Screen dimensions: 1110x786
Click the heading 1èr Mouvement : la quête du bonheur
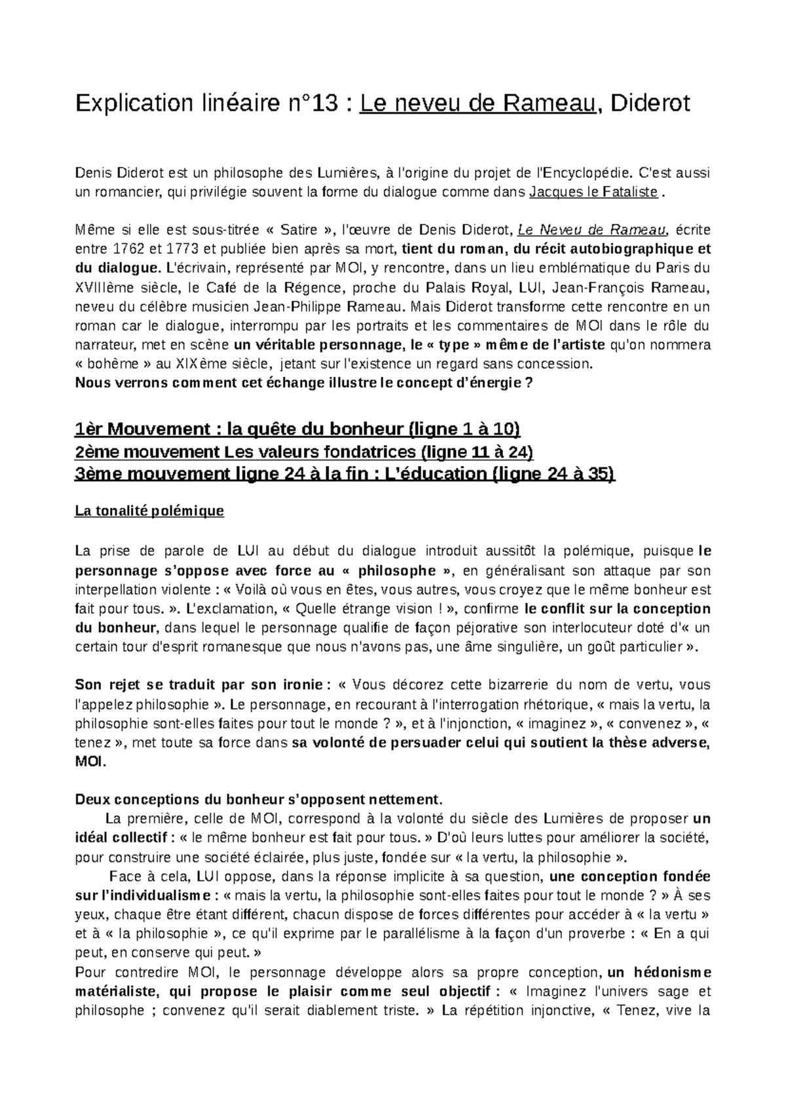pos(298,429)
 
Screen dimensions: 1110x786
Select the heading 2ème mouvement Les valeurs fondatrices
pos(305,452)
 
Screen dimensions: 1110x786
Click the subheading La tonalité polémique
pos(150,511)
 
